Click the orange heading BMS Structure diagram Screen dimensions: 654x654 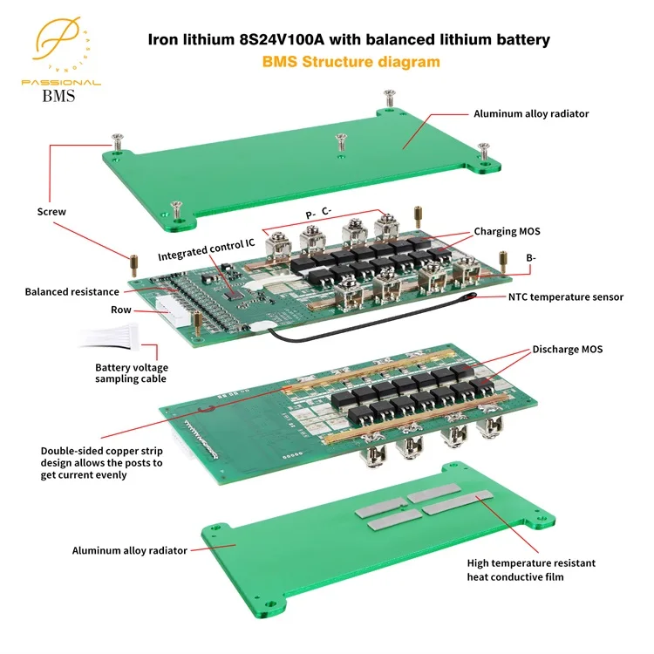351,62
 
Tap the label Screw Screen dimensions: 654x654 51,211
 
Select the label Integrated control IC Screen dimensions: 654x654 206,256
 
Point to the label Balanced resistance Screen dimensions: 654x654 72,291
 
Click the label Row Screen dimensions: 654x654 121,310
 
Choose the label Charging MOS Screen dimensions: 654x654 508,232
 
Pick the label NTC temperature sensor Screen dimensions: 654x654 566,296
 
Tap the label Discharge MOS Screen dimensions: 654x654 567,349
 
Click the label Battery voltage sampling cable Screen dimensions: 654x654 130,373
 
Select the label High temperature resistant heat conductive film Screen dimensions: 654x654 531,569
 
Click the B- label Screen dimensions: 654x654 530,258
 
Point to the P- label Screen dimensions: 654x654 310,211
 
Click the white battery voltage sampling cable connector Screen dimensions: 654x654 133,334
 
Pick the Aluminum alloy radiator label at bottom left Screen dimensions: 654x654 130,550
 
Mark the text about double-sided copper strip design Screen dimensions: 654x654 101,463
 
